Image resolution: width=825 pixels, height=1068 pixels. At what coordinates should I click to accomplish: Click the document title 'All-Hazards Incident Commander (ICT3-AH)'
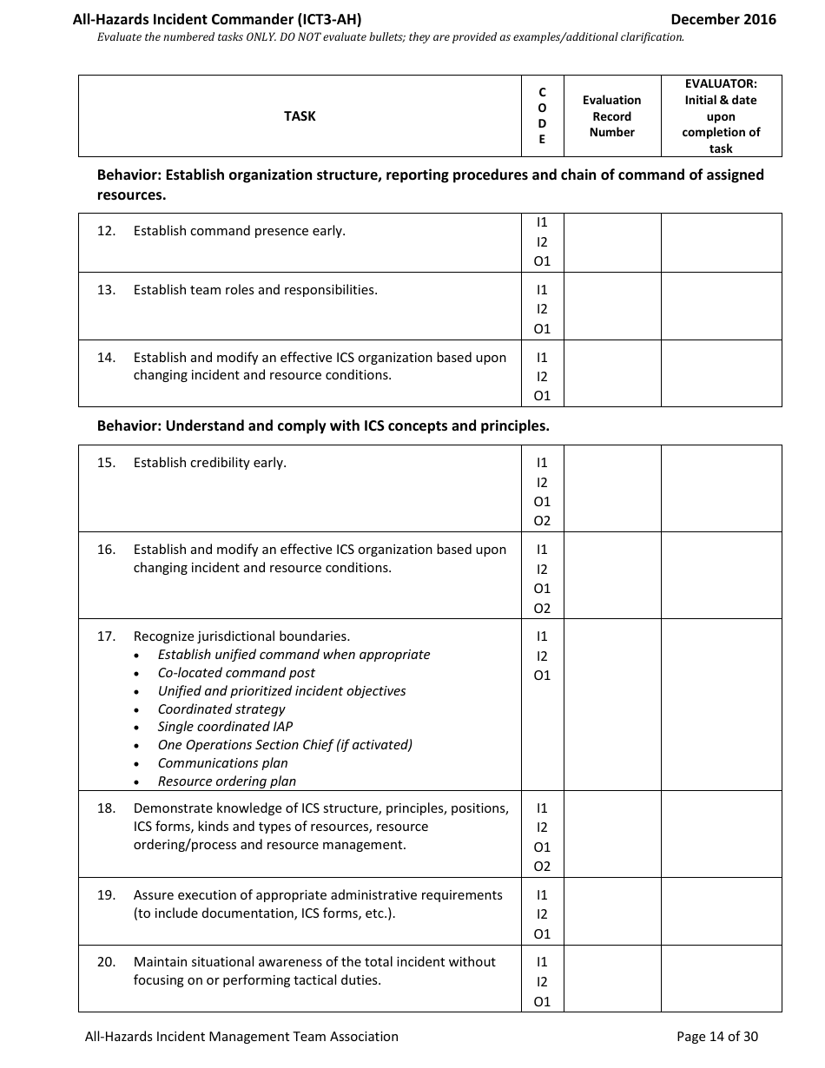[x=217, y=19]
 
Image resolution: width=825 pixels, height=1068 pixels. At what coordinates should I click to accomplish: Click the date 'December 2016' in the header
[x=723, y=19]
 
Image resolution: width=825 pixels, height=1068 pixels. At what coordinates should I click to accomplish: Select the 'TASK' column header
[x=300, y=116]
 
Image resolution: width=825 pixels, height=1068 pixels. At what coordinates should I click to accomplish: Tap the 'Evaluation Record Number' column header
[x=611, y=116]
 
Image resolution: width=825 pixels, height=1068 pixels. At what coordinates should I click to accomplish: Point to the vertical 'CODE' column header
[x=542, y=116]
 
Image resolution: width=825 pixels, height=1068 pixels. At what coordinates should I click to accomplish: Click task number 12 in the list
[x=106, y=231]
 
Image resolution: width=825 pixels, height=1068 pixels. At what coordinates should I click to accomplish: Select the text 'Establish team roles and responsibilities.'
[x=255, y=290]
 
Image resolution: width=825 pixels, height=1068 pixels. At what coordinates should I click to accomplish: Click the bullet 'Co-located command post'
[x=236, y=673]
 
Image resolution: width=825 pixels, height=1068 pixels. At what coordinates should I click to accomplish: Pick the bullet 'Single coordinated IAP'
[x=225, y=727]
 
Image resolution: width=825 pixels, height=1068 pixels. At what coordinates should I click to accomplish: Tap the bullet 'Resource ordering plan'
[x=227, y=781]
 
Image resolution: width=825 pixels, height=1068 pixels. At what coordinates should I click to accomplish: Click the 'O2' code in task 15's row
[x=542, y=521]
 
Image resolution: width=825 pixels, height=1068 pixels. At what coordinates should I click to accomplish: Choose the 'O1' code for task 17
[x=542, y=676]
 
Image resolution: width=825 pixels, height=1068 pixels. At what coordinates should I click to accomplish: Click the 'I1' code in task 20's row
[x=542, y=962]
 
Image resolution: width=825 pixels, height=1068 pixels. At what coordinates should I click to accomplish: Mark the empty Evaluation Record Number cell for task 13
[x=611, y=306]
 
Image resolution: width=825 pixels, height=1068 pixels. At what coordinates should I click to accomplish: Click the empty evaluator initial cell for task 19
[x=721, y=911]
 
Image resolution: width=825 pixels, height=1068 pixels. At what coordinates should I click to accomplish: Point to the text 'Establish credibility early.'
[x=209, y=463]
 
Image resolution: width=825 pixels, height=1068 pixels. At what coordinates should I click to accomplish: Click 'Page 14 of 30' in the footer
[x=716, y=1036]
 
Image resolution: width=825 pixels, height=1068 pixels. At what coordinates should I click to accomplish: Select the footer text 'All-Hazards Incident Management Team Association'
[x=241, y=1036]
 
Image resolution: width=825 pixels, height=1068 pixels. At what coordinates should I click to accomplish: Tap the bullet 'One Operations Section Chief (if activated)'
[x=285, y=745]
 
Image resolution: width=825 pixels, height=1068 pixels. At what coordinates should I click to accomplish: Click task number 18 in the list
[x=106, y=808]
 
